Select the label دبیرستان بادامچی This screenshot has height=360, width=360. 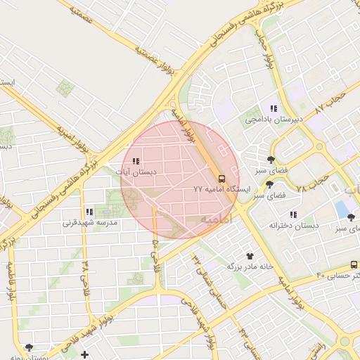coord(274,120)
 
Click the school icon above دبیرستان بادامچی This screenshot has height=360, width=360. coord(274,108)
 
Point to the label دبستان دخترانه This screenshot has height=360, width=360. coord(294,225)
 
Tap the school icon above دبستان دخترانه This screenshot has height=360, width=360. coord(293,214)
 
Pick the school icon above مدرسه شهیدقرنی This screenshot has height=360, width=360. coord(89,212)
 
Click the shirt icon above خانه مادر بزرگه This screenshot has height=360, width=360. coord(250,256)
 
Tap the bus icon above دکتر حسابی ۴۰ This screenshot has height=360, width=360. coord(353,264)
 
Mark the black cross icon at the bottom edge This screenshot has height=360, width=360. coord(85,354)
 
